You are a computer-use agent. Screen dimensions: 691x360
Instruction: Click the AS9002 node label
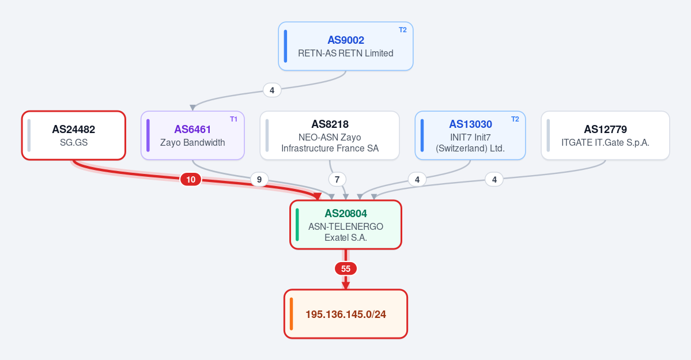point(346,40)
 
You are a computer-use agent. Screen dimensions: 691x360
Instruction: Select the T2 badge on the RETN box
point(403,30)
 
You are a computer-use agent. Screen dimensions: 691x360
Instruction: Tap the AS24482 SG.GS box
point(74,135)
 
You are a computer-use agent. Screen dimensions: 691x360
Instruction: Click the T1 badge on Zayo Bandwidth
point(233,119)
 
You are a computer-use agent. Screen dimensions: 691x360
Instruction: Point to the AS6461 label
point(192,129)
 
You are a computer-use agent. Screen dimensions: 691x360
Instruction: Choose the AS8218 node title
point(330,124)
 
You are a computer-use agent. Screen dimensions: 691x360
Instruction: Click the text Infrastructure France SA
point(330,149)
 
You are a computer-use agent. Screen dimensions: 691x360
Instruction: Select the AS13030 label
point(470,124)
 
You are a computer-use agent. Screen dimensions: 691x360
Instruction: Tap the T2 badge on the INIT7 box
point(515,119)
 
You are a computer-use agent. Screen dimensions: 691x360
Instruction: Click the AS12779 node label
point(605,129)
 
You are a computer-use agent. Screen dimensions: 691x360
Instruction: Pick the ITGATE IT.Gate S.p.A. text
point(605,143)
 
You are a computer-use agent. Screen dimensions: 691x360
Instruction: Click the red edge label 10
point(191,179)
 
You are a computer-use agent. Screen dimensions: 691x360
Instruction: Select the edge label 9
point(259,179)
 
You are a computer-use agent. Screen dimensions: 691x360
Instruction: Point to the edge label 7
point(337,179)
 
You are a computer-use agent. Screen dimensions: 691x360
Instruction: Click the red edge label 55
point(346,268)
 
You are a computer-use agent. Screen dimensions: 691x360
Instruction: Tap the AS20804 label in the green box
point(346,214)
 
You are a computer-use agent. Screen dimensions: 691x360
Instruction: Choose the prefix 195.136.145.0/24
point(346,314)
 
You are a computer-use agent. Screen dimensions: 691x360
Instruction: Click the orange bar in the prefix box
point(291,314)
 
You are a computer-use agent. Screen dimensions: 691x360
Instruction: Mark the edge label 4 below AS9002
point(272,90)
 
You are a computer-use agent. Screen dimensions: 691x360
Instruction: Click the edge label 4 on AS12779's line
point(494,179)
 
